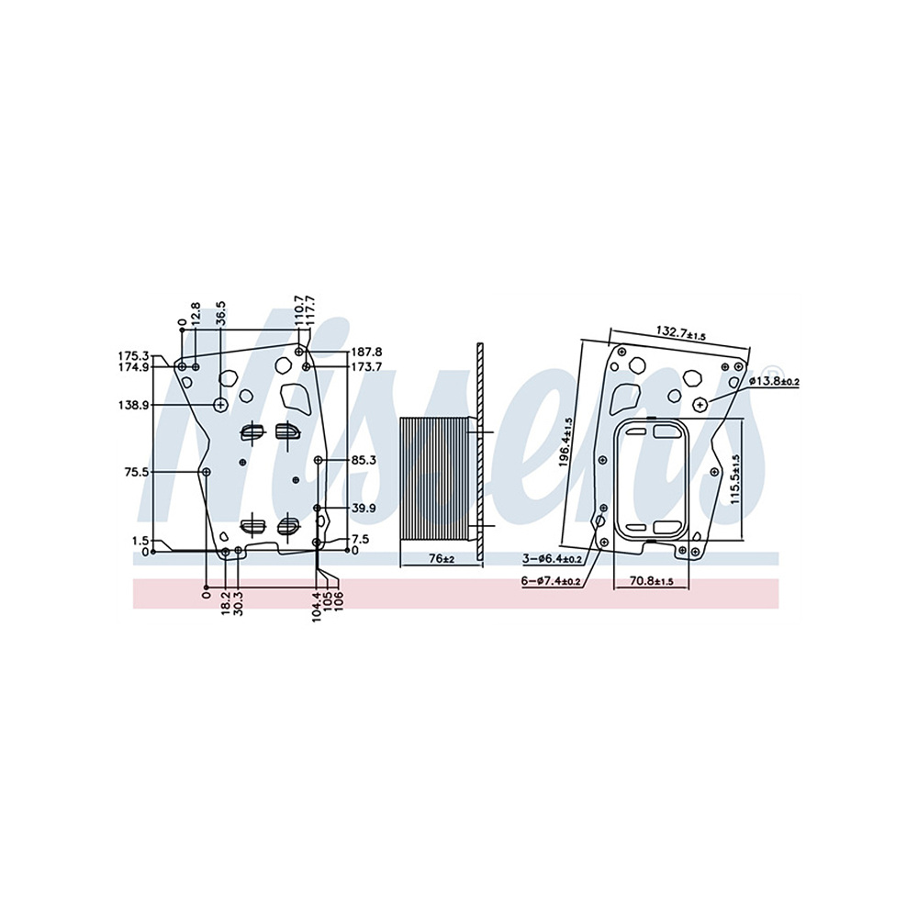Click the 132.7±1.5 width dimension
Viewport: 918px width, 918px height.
680,332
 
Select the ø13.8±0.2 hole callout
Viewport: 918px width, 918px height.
773,381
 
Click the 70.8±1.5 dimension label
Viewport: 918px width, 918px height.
652,580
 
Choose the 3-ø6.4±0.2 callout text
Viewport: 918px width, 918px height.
552,560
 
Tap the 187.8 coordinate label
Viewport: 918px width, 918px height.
366,353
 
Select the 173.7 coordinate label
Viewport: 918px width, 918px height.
366,367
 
